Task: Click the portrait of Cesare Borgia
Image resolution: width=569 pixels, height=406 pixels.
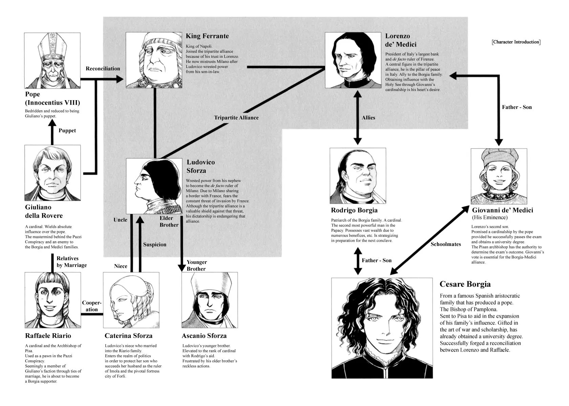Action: coord(382,328)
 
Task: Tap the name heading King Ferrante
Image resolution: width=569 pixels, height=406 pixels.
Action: coord(207,36)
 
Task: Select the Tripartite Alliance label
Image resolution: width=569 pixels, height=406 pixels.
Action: coord(236,117)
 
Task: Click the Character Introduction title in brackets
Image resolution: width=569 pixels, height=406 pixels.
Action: coord(516,42)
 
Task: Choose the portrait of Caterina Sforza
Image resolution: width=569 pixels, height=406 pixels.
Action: coord(131,300)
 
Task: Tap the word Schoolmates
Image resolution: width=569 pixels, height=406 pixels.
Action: coord(446,244)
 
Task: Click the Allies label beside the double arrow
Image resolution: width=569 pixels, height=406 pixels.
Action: coord(368,117)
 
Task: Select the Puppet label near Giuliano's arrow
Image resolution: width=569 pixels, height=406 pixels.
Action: coord(67,131)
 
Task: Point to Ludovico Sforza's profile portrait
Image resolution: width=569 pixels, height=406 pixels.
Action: coord(154,186)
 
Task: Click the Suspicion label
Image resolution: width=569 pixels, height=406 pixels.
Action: coord(155,244)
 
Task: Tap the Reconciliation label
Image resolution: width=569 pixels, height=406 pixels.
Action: coord(103,68)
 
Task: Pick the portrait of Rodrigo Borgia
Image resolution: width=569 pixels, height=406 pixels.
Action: coord(358,176)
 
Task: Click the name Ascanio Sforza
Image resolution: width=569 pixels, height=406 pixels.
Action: coord(204,336)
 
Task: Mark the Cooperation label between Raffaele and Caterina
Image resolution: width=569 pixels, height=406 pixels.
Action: coord(92,306)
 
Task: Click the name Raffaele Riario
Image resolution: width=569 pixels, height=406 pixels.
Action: coord(48,336)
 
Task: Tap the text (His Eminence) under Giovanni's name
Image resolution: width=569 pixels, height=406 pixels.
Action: coord(490,218)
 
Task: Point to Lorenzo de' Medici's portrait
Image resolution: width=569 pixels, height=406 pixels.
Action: coord(353,60)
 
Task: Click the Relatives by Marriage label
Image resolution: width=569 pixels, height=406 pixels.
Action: coord(72,262)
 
